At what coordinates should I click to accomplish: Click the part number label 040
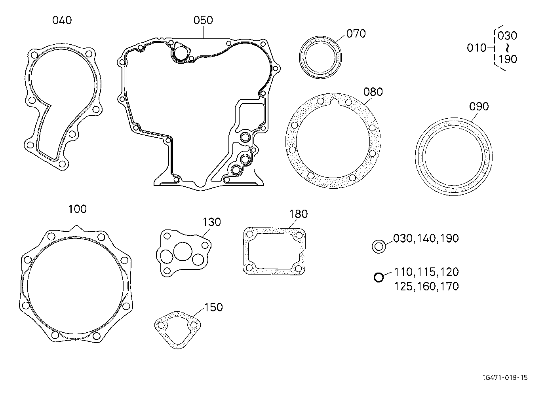[62, 20]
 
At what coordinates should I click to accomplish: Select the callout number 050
[203, 20]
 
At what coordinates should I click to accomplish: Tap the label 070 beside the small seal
[356, 34]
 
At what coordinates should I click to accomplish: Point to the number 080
[373, 92]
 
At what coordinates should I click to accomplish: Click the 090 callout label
[479, 106]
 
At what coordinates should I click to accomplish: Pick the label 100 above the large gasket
[78, 209]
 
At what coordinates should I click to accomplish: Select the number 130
[212, 222]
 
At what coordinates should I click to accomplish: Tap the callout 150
[214, 307]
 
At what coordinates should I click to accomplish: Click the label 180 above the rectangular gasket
[299, 214]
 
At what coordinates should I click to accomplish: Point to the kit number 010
[477, 48]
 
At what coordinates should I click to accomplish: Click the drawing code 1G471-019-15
[505, 378]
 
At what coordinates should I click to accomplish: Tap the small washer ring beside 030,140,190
[378, 246]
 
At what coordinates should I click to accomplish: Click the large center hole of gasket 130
[182, 251]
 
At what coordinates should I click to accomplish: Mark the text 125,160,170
[426, 286]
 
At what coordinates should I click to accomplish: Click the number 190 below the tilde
[508, 59]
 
